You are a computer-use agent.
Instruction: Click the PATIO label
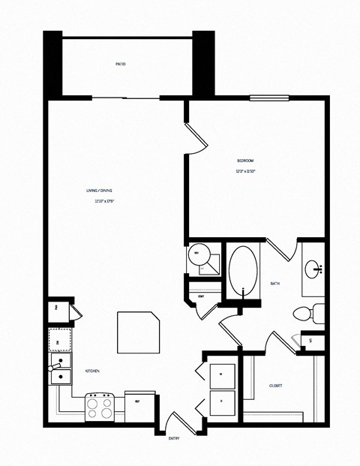(x=120, y=65)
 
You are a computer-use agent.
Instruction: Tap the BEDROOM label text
(x=245, y=161)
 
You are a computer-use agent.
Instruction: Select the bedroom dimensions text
(x=245, y=172)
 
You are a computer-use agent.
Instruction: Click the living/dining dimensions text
(x=103, y=201)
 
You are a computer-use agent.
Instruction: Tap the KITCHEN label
(x=92, y=371)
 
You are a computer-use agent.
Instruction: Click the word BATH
(x=274, y=283)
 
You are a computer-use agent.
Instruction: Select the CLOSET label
(x=275, y=386)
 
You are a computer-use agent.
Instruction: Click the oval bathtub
(x=242, y=271)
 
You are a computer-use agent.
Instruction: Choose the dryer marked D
(x=223, y=402)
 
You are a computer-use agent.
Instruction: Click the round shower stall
(x=199, y=256)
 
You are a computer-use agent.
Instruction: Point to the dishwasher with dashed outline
(x=60, y=341)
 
